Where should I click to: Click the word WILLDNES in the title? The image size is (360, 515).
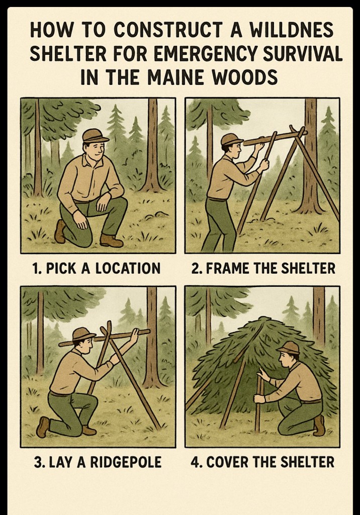coord(291,30)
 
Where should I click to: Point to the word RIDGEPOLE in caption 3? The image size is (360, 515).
coord(126,462)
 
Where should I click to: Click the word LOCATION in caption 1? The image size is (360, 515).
coord(128,269)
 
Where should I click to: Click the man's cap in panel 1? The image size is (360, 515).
coord(95,135)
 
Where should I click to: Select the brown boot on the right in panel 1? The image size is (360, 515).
coord(111,241)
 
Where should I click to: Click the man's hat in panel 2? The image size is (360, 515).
coord(232,139)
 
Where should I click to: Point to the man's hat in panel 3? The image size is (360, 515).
coord(84,334)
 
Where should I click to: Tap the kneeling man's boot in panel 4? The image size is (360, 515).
coord(319,425)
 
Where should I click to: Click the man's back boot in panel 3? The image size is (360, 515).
coord(43,426)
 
